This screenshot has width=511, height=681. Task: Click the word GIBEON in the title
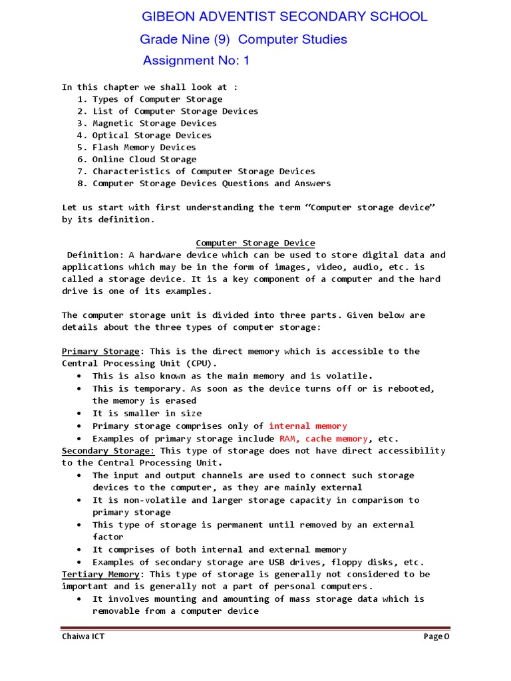tap(171, 17)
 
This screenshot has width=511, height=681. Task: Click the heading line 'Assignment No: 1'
tap(196, 61)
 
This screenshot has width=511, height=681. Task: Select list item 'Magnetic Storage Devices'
tap(154, 123)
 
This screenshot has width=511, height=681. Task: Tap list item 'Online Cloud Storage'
tap(144, 160)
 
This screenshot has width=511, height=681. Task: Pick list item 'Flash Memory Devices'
tap(144, 148)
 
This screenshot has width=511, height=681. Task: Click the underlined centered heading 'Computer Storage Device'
tap(255, 243)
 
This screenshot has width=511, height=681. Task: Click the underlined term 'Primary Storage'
tap(100, 352)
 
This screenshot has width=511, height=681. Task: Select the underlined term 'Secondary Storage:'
tap(108, 451)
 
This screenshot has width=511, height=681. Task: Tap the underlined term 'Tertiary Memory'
tap(100, 575)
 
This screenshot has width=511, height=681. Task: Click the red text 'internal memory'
tap(307, 426)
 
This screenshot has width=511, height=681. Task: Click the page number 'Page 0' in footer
tap(436, 637)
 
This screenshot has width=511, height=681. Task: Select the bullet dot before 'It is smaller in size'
tap(79, 414)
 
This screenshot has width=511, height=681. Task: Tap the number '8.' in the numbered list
tap(83, 184)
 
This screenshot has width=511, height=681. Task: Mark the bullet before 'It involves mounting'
tap(79, 599)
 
